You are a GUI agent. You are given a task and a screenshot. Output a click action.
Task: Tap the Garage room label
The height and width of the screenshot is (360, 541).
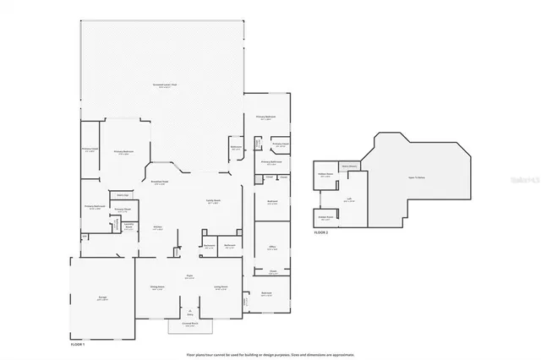[101, 299]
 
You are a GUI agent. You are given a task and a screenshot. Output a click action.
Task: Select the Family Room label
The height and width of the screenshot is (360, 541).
[214, 202]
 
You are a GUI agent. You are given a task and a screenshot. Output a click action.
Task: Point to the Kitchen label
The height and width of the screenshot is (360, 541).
[158, 228]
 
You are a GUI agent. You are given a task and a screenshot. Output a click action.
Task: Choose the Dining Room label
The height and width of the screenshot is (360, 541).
[157, 288]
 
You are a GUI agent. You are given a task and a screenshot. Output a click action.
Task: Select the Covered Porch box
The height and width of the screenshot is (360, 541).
[190, 325]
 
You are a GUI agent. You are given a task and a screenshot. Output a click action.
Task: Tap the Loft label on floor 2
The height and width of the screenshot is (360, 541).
[348, 200]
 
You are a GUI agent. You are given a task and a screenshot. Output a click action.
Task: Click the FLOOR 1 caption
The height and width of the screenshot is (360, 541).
[78, 344]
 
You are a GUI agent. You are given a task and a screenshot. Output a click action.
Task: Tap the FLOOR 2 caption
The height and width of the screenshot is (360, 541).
[322, 231]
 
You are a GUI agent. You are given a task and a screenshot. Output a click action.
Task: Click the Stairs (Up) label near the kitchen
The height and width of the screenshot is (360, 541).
[123, 194]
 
